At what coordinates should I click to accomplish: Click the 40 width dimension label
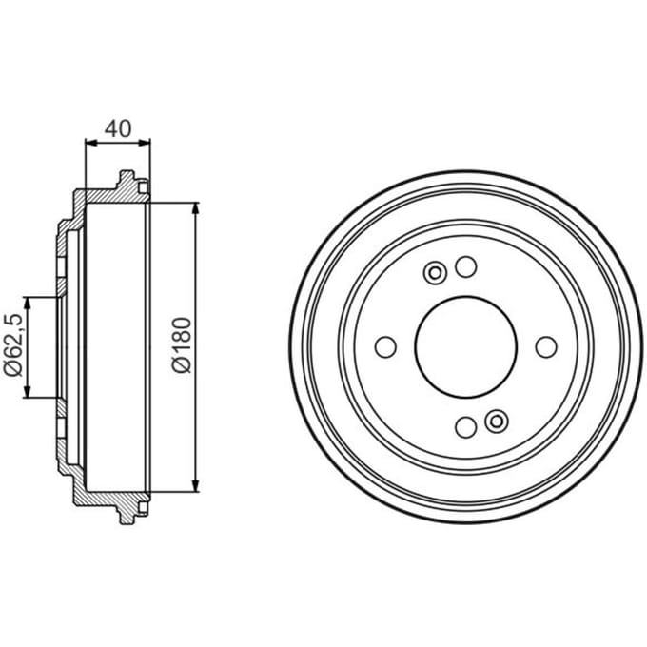tap(118, 128)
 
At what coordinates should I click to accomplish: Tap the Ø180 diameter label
tap(182, 345)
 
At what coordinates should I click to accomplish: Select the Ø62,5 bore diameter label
tap(12, 345)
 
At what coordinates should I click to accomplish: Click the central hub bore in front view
tap(466, 347)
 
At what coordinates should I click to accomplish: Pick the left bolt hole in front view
tap(385, 347)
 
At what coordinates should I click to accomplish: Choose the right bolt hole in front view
tap(546, 347)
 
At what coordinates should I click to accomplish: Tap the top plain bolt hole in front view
tap(466, 266)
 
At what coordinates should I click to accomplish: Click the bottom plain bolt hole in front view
tap(466, 426)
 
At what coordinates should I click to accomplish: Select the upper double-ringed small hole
tap(435, 273)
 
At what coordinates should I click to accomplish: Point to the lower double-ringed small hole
tap(497, 422)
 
